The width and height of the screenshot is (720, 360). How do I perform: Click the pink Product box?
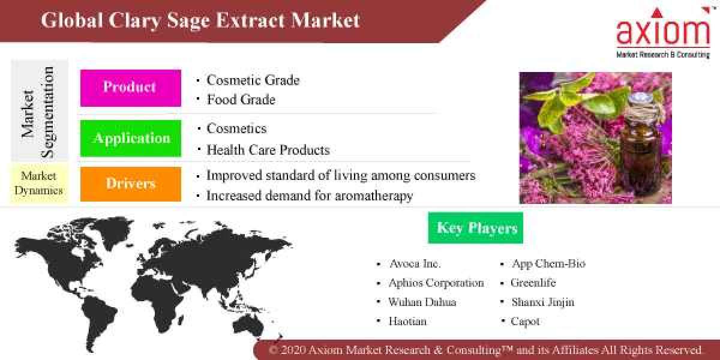[130, 88]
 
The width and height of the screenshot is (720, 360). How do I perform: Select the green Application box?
[130, 138]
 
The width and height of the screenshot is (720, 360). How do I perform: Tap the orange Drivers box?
[130, 184]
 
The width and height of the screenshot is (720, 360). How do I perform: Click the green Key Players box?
[476, 228]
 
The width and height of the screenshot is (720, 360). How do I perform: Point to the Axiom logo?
[662, 33]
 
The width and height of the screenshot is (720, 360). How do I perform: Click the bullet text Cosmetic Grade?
[253, 80]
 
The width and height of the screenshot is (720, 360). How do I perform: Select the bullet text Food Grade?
[241, 100]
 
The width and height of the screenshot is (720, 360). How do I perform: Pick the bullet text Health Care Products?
[268, 150]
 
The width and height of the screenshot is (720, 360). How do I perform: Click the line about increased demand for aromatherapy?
[309, 196]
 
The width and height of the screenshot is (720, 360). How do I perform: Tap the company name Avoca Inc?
[415, 264]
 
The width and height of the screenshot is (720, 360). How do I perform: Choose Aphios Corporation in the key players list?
[436, 283]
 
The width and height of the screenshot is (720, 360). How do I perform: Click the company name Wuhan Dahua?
[422, 302]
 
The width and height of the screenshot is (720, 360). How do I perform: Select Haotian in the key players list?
[407, 321]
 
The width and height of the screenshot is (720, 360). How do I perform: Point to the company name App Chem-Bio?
[548, 264]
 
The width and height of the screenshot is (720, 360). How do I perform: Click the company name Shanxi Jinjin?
[542, 302]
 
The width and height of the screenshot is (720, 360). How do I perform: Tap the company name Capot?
[525, 321]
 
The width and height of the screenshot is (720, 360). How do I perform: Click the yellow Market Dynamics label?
[38, 184]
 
